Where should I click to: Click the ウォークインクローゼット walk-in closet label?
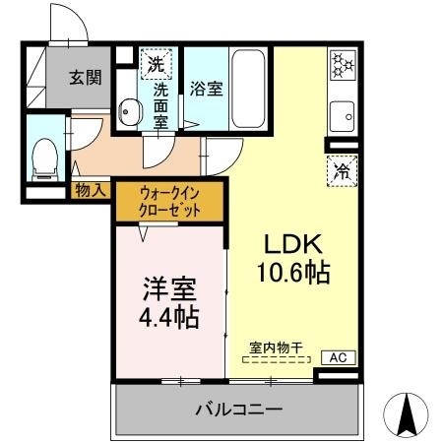(x=170, y=202)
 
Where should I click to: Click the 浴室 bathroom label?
(x=206, y=89)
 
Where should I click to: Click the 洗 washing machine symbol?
(x=156, y=65)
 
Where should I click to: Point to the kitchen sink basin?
(x=345, y=115)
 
